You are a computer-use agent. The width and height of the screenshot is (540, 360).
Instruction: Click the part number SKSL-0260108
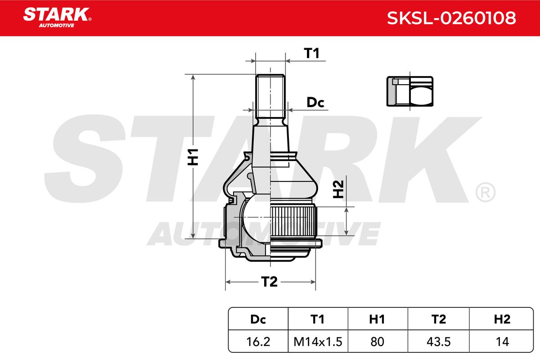click(451, 18)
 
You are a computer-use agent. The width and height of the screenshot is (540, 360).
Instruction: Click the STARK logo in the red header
click(57, 18)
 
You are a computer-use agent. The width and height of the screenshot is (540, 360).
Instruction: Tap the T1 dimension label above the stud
click(311, 53)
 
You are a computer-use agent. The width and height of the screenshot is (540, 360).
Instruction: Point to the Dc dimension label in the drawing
click(315, 103)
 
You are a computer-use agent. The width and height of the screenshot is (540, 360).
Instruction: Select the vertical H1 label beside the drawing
click(193, 157)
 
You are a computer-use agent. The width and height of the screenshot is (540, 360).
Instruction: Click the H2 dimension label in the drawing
click(338, 189)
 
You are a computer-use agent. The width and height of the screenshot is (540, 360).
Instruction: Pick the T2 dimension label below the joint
click(269, 282)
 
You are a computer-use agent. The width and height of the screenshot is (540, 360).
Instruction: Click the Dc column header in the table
click(258, 319)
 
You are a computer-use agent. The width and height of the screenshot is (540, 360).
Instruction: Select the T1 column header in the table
click(317, 319)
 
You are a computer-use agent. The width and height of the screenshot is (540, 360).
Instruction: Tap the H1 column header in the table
click(377, 319)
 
